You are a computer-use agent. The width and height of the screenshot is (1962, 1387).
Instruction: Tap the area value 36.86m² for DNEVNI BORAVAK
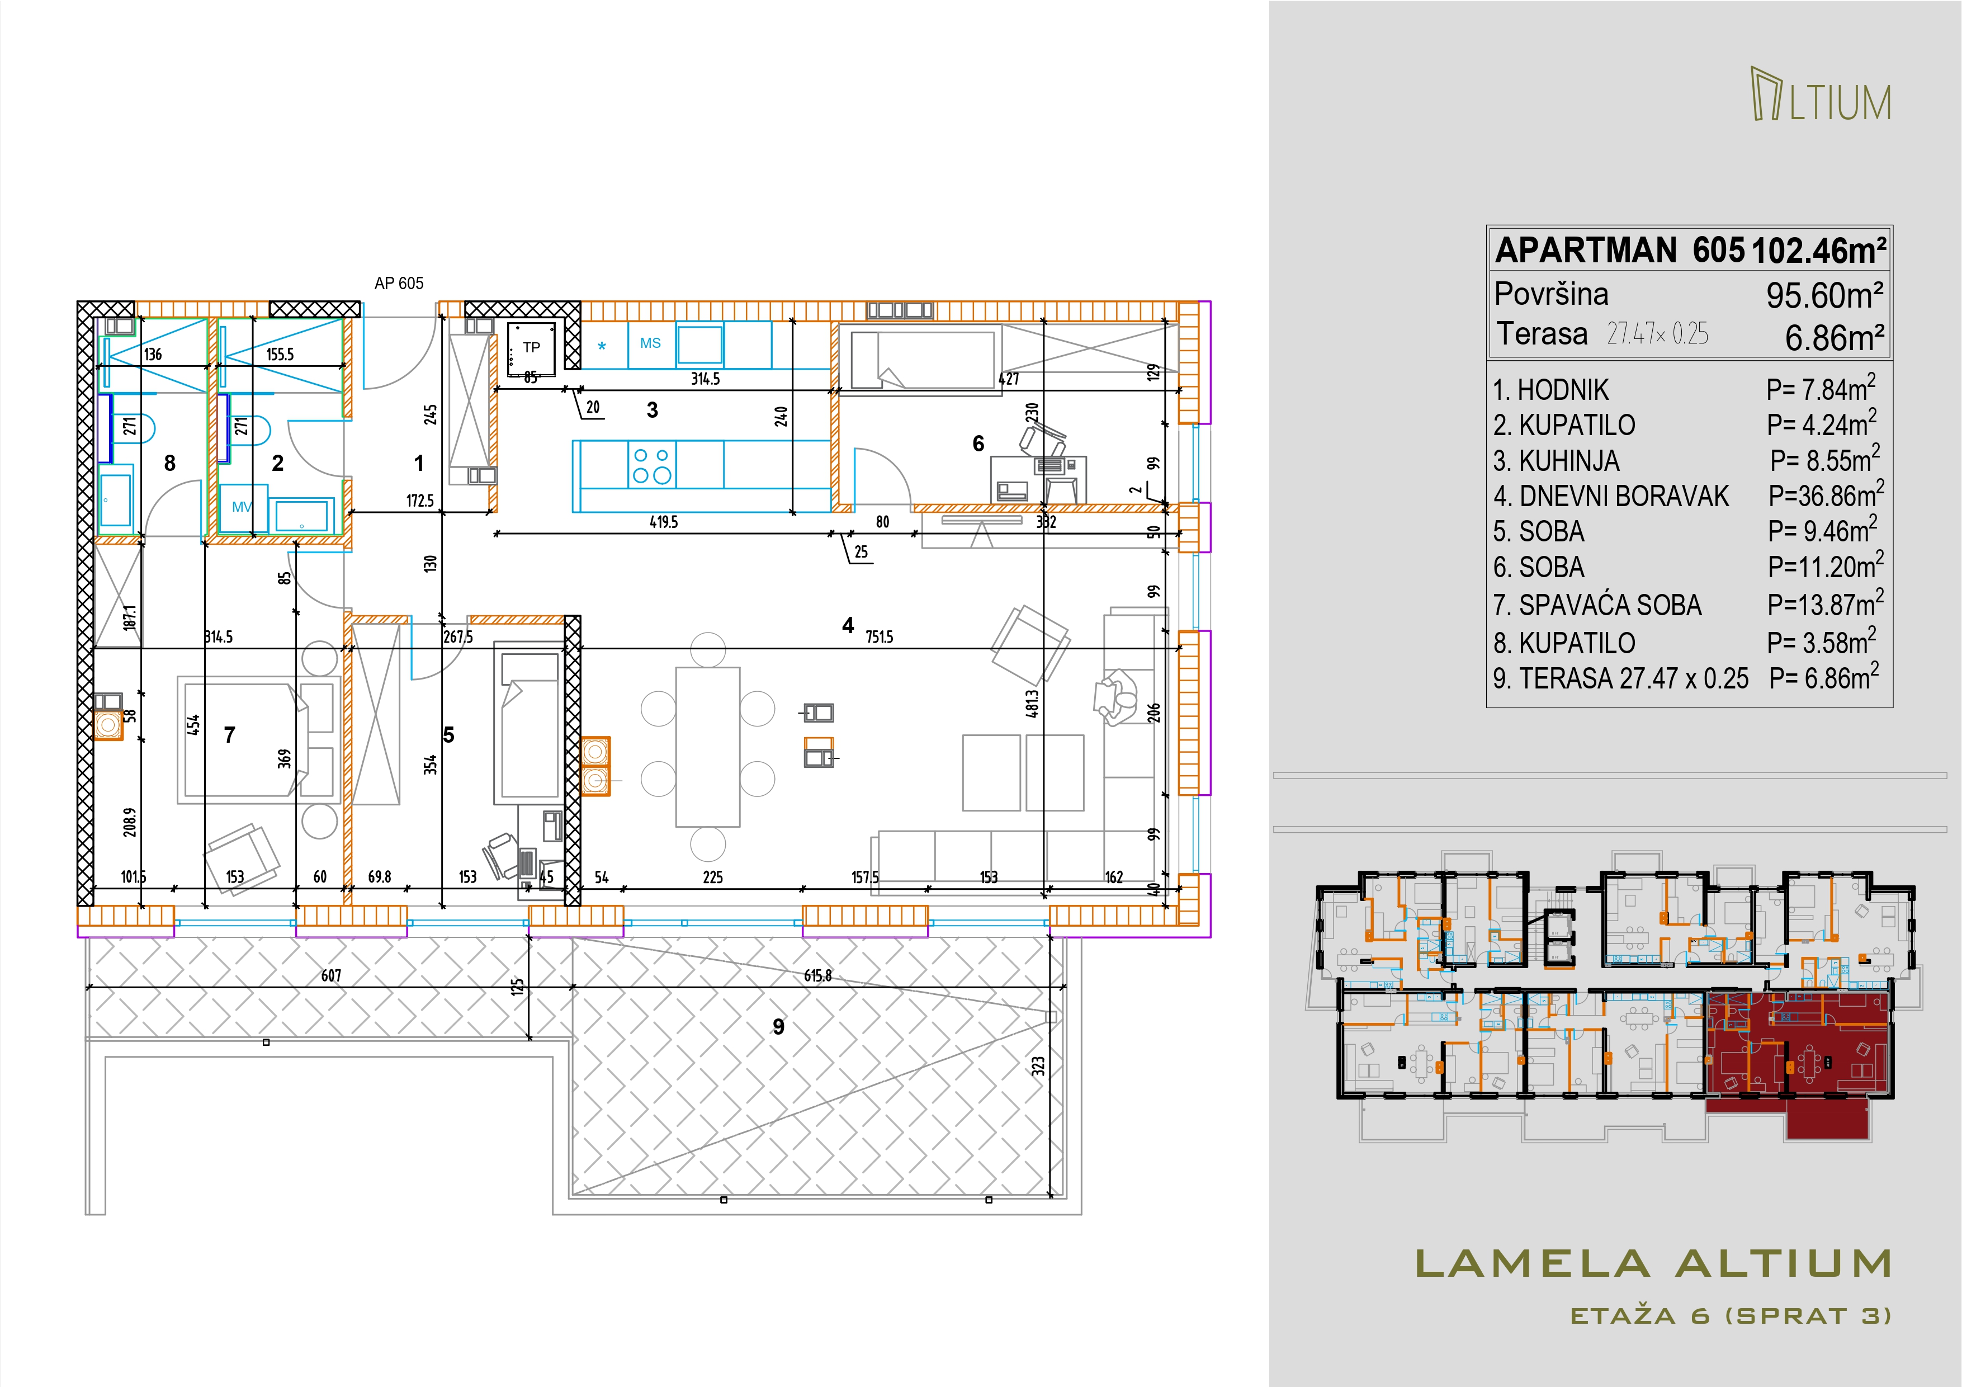[x=1826, y=495]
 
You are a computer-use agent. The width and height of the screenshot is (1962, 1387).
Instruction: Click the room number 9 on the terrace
[x=778, y=1026]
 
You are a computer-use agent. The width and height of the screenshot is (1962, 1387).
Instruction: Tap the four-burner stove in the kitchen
[x=651, y=464]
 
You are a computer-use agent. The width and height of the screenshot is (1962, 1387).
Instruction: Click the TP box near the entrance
[x=532, y=348]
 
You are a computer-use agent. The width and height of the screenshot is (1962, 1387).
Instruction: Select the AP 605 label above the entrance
[x=399, y=283]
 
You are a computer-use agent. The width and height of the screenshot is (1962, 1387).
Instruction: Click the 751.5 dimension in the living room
[x=880, y=636]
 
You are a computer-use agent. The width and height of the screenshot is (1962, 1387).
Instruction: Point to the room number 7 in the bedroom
[x=229, y=735]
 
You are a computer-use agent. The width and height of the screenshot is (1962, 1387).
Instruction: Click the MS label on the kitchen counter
[x=650, y=343]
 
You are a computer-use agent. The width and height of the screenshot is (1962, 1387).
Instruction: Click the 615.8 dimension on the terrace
[x=818, y=975]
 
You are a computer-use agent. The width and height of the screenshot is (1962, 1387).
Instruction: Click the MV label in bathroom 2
[x=242, y=507]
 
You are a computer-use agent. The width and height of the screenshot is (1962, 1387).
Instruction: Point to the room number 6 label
[x=978, y=444]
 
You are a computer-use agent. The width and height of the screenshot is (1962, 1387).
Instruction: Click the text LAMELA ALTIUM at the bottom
[x=1653, y=1264]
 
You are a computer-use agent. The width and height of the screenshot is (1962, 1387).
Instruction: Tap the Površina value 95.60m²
[x=1825, y=296]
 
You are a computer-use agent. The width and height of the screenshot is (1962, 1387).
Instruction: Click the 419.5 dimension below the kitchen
[x=663, y=521]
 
